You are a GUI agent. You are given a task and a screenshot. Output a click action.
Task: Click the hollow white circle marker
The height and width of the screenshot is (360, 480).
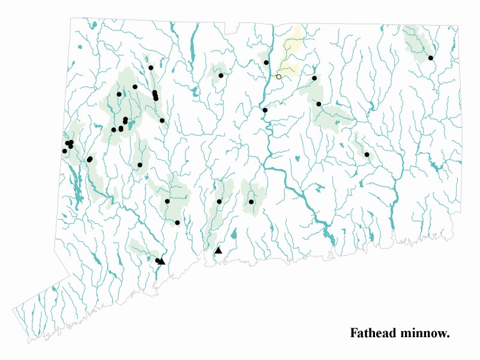278,77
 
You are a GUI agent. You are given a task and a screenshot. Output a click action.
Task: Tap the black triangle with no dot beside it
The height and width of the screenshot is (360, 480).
218,250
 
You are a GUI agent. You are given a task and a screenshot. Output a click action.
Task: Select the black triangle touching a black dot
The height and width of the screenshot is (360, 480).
162,261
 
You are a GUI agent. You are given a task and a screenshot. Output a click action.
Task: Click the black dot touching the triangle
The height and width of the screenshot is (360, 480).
157,260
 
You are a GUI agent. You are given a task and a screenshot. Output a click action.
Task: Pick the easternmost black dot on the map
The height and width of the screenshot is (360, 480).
431,58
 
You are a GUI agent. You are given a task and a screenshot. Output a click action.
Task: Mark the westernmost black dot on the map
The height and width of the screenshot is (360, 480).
64,151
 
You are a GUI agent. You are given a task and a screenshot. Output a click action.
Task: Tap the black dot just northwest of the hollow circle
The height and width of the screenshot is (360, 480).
266,62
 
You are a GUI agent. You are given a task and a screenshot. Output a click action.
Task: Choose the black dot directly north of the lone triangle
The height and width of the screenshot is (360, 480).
220,202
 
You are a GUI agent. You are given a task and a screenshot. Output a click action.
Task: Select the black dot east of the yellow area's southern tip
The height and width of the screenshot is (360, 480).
314,78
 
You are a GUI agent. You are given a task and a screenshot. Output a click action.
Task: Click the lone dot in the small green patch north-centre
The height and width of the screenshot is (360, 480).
221,76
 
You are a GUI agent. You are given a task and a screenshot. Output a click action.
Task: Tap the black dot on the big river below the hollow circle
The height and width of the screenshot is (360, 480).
265,110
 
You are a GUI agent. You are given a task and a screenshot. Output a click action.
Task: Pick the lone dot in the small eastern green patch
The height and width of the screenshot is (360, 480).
367,155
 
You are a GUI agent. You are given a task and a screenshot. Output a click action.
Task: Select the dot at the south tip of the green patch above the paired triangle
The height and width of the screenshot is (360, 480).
178,223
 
